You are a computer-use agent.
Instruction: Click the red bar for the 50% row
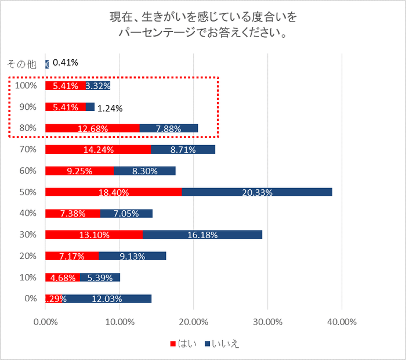tap(113, 192)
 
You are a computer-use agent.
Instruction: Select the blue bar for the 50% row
tap(257, 192)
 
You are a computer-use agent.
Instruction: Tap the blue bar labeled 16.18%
tap(202, 235)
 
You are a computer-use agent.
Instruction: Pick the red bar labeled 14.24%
tap(97, 149)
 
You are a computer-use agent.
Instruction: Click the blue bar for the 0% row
tap(107, 298)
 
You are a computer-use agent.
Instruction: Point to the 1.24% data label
tap(110, 108)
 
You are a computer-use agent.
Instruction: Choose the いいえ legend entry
tap(222, 344)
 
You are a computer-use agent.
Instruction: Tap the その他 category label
tap(21, 64)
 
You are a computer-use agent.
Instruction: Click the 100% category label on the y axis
tap(26, 85)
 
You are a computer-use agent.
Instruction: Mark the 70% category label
tap(28, 149)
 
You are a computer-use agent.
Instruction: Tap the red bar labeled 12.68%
tap(92, 128)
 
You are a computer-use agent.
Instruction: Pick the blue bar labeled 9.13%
tap(132, 256)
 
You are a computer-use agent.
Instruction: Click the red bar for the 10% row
tap(62, 277)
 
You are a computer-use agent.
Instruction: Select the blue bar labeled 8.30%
tap(144, 171)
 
